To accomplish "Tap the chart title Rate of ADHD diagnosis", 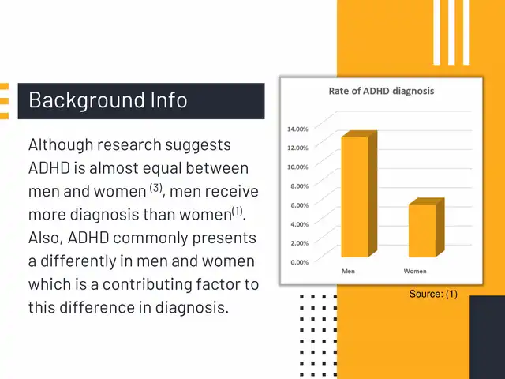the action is pos(381,91).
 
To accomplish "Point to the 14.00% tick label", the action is pos(297,129).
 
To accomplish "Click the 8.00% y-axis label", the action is pos(300,186).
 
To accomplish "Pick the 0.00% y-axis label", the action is pos(300,262).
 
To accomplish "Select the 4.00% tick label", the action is pos(300,224).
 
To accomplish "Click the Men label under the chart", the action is pos(348,271).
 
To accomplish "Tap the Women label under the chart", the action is pos(415,271).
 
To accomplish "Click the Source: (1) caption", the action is pos(433,294).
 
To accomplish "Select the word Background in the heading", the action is pos(86,101).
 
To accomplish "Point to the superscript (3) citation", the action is pos(156,188).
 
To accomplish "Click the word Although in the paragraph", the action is pos(61,145).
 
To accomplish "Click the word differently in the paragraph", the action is pos(77,261).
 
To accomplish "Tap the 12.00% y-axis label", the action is pos(297,148).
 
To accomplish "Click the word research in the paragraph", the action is pos(129,145).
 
